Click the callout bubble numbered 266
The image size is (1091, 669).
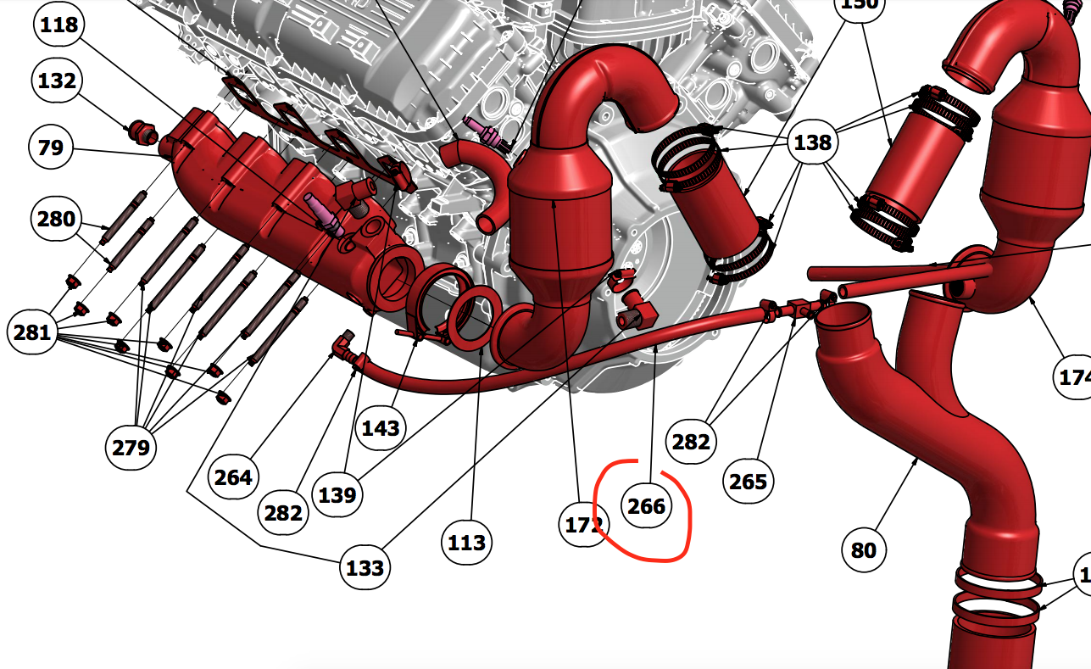[x=646, y=506]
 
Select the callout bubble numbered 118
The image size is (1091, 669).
[x=58, y=25]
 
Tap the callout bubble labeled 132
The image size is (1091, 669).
[x=57, y=81]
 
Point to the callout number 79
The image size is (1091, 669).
[x=51, y=148]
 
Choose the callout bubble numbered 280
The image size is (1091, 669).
[x=57, y=220]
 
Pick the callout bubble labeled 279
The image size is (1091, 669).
[x=131, y=447]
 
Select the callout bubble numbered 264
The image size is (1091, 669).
[x=233, y=477]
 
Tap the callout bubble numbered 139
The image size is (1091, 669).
[x=337, y=493]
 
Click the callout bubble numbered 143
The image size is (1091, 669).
[x=381, y=427]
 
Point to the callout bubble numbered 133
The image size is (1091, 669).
[x=365, y=567]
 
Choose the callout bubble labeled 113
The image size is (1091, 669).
[x=466, y=542]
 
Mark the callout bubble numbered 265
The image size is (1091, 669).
[x=748, y=481]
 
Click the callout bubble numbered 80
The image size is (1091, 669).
[x=863, y=550]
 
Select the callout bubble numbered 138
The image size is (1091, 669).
[x=812, y=142]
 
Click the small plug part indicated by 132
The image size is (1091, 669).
[x=142, y=132]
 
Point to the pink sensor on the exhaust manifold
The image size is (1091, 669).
[x=322, y=215]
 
